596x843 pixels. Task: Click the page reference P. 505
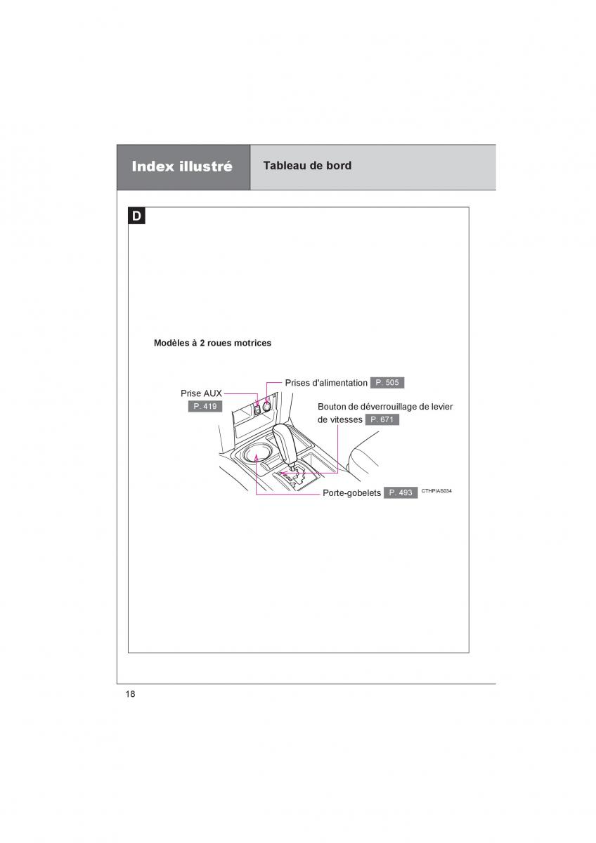pos(387,383)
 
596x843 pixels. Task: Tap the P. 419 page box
pos(205,406)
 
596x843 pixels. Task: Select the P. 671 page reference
pos(382,419)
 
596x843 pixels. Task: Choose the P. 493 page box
pos(401,492)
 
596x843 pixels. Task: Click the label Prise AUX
pos(201,394)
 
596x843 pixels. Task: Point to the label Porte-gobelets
pos(351,493)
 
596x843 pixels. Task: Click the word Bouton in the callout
pos(332,407)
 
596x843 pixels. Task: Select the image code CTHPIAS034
pos(436,491)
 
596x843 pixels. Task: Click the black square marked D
pos(136,216)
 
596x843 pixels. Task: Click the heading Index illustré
pos(182,167)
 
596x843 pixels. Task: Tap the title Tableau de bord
pos(307,166)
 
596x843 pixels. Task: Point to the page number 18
pos(130,694)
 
